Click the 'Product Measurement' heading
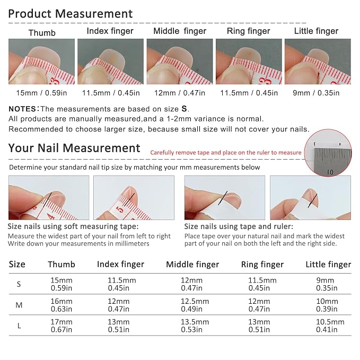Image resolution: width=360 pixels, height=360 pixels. click(71, 14)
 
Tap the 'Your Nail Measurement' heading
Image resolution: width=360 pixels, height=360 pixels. click(74, 148)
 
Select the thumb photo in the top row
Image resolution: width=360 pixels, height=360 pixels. click(41, 62)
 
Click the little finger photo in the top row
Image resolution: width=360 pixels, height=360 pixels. click(318, 62)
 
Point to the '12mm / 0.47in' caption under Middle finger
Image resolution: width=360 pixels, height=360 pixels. click(180, 93)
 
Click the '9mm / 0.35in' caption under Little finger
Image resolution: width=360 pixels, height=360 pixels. click(316, 93)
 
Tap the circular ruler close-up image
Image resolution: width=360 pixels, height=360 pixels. click(328, 153)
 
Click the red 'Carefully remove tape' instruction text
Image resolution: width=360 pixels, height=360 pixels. click(226, 153)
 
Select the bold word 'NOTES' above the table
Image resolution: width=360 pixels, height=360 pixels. click(22, 109)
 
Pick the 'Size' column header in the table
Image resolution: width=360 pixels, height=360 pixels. click(17, 264)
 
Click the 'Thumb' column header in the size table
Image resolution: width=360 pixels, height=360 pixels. click(62, 264)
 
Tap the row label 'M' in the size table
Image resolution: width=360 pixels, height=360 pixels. click(19, 305)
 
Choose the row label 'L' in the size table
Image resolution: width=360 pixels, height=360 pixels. click(19, 326)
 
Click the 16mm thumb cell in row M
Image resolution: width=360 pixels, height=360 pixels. click(62, 305)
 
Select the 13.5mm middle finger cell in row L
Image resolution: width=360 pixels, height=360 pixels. click(195, 326)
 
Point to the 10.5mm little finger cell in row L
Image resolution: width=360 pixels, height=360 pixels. click(330, 326)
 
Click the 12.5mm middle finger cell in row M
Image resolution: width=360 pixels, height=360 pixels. click(195, 305)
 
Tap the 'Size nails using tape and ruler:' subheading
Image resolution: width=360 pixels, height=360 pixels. click(239, 226)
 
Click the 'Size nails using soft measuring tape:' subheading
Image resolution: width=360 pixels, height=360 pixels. click(73, 226)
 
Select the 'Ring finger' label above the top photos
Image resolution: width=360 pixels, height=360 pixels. click(249, 31)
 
